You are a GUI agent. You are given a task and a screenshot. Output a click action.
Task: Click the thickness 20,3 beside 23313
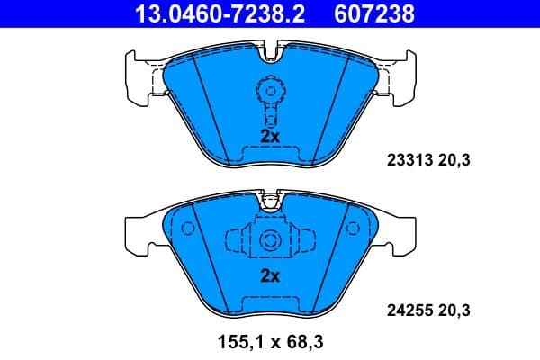[454, 161]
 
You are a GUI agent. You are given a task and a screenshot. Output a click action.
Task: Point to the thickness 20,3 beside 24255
[454, 311]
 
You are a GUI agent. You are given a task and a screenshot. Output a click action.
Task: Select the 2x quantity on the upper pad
[270, 136]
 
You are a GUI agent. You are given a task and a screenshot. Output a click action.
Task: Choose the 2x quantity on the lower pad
[270, 276]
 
